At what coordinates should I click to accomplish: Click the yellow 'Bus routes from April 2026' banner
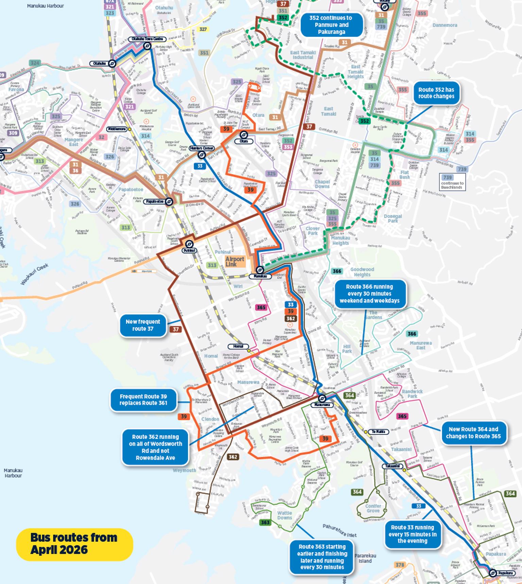74,544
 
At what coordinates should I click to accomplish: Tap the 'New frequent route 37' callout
143,325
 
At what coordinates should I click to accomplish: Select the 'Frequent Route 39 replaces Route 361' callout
143,400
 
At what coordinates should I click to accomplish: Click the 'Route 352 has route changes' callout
436,93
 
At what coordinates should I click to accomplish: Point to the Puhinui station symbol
189,244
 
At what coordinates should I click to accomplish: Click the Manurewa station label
322,405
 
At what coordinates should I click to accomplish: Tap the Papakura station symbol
493,573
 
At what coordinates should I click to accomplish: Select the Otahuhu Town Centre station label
147,39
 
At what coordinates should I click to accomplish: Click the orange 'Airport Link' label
235,262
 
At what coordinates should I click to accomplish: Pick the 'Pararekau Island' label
365,558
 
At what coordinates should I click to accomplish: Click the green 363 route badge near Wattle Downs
265,522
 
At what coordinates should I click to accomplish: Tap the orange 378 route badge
400,565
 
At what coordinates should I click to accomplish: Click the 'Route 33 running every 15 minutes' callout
412,534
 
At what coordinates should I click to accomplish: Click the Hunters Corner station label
201,148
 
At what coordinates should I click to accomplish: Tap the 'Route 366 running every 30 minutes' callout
369,294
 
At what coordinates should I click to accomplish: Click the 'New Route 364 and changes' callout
473,433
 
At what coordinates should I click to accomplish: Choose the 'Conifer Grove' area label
373,508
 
